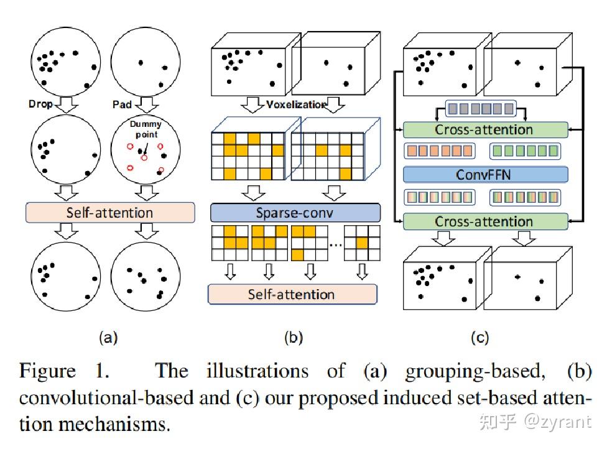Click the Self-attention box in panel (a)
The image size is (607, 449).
coord(109,213)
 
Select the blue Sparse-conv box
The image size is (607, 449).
coord(294,213)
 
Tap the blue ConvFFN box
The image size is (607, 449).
coord(485,174)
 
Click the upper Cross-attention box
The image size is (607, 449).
coord(485,130)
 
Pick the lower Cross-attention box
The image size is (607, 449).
coord(485,221)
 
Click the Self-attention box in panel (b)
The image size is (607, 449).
coord(292,294)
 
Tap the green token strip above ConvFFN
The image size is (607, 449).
coord(526,151)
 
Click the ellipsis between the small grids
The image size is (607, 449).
coord(335,244)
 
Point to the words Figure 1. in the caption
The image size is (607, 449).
coord(65,371)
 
